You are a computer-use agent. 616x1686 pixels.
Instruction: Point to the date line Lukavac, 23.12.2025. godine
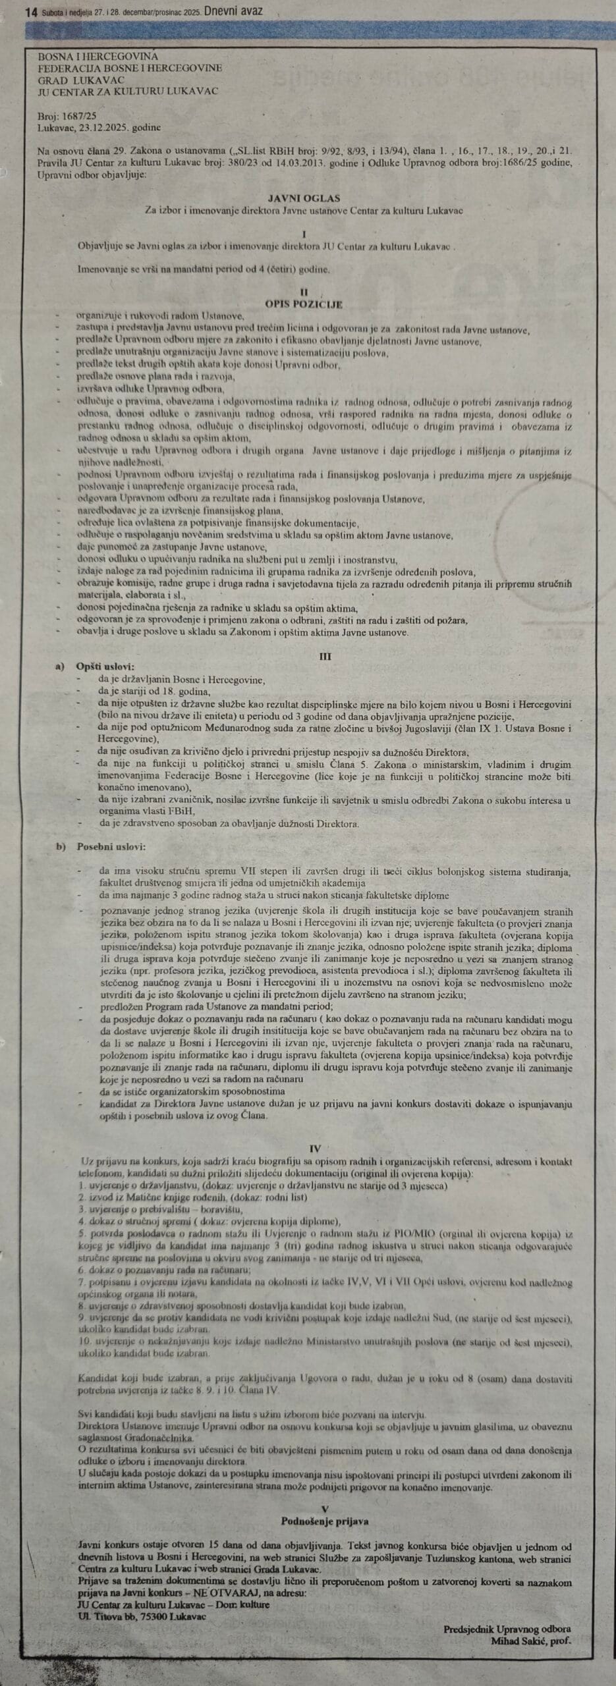(99, 127)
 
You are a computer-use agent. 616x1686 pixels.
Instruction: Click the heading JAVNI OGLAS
(304, 198)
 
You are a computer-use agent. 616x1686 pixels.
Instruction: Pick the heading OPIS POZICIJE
(304, 304)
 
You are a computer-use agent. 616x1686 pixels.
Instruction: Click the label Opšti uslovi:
(105, 667)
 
